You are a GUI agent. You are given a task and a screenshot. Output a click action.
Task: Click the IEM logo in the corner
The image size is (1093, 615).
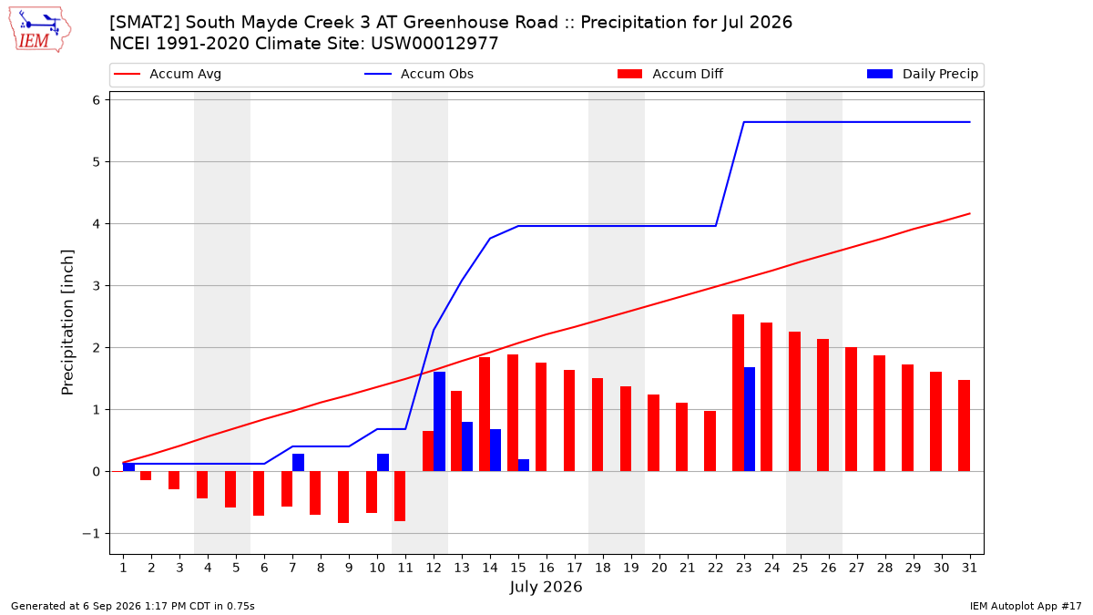(x=39, y=30)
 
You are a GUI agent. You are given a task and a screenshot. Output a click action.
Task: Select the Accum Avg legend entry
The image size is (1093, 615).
(x=168, y=74)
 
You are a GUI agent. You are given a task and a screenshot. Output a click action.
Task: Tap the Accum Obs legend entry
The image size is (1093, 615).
(x=419, y=74)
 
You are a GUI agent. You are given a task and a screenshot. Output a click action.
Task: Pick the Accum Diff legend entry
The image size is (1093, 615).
(x=670, y=74)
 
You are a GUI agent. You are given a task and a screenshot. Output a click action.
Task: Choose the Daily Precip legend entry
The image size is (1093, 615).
(x=923, y=74)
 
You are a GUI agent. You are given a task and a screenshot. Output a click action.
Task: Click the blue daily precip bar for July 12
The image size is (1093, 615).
(x=439, y=422)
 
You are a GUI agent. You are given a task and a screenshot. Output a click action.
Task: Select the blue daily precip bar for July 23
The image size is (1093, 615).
(x=750, y=419)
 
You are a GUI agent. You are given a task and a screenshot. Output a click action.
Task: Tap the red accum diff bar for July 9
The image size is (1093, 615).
(x=343, y=497)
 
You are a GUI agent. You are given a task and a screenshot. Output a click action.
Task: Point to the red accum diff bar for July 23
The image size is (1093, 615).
(x=739, y=393)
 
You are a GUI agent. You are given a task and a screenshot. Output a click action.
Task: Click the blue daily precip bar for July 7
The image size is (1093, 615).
(x=298, y=463)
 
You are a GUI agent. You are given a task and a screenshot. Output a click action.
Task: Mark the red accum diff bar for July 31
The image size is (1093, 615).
(x=965, y=425)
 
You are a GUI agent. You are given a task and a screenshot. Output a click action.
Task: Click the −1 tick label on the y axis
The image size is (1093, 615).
(x=91, y=534)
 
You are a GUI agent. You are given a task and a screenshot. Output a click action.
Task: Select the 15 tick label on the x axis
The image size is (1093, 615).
(x=518, y=568)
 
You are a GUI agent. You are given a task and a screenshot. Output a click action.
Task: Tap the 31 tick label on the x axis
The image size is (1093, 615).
(x=969, y=568)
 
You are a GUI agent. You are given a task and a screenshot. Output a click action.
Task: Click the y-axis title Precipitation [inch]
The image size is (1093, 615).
(x=66, y=323)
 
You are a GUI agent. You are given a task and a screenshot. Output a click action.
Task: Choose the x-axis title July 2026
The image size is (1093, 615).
(x=546, y=587)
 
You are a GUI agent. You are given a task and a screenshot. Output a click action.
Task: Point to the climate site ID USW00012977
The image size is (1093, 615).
(x=434, y=44)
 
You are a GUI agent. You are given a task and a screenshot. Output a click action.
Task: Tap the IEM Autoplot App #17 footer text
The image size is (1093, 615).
(x=1026, y=606)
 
